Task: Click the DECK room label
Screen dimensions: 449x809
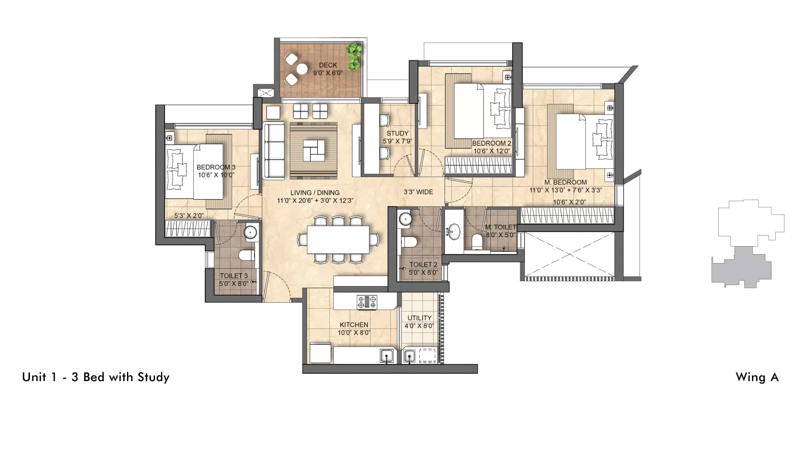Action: [x=328, y=65]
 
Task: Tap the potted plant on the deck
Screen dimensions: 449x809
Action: [x=354, y=55]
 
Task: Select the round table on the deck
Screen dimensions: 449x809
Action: [x=302, y=70]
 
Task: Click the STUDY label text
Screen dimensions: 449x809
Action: [x=397, y=133]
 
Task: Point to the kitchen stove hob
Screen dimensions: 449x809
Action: [x=367, y=302]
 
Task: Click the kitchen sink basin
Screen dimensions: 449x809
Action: [x=387, y=356]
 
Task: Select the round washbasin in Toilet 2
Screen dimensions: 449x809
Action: [x=405, y=219]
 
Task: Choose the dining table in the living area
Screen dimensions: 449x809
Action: [x=338, y=239]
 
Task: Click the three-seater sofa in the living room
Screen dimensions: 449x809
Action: [x=274, y=151]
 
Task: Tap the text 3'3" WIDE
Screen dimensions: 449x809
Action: [x=418, y=192]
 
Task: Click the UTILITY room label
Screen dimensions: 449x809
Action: [x=419, y=318]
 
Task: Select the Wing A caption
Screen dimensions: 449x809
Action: [x=757, y=377]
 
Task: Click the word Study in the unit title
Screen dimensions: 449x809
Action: [x=153, y=377]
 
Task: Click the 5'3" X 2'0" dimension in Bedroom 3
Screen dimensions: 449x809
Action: [x=188, y=216]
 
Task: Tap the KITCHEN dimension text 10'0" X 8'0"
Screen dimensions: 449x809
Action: [x=354, y=333]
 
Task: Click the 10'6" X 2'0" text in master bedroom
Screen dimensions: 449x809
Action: [x=569, y=202]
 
